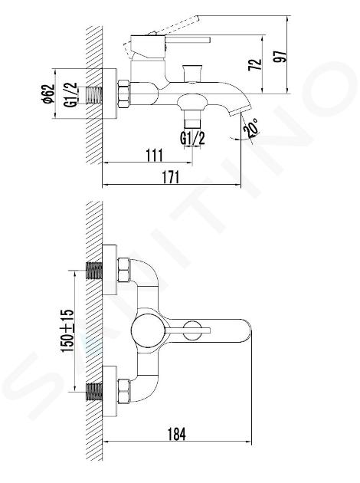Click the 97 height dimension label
280,56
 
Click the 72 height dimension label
255,64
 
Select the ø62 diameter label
48,94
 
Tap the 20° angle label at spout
251,127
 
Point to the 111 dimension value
154,155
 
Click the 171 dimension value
170,177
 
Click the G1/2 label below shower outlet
192,138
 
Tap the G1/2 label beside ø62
70,94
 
